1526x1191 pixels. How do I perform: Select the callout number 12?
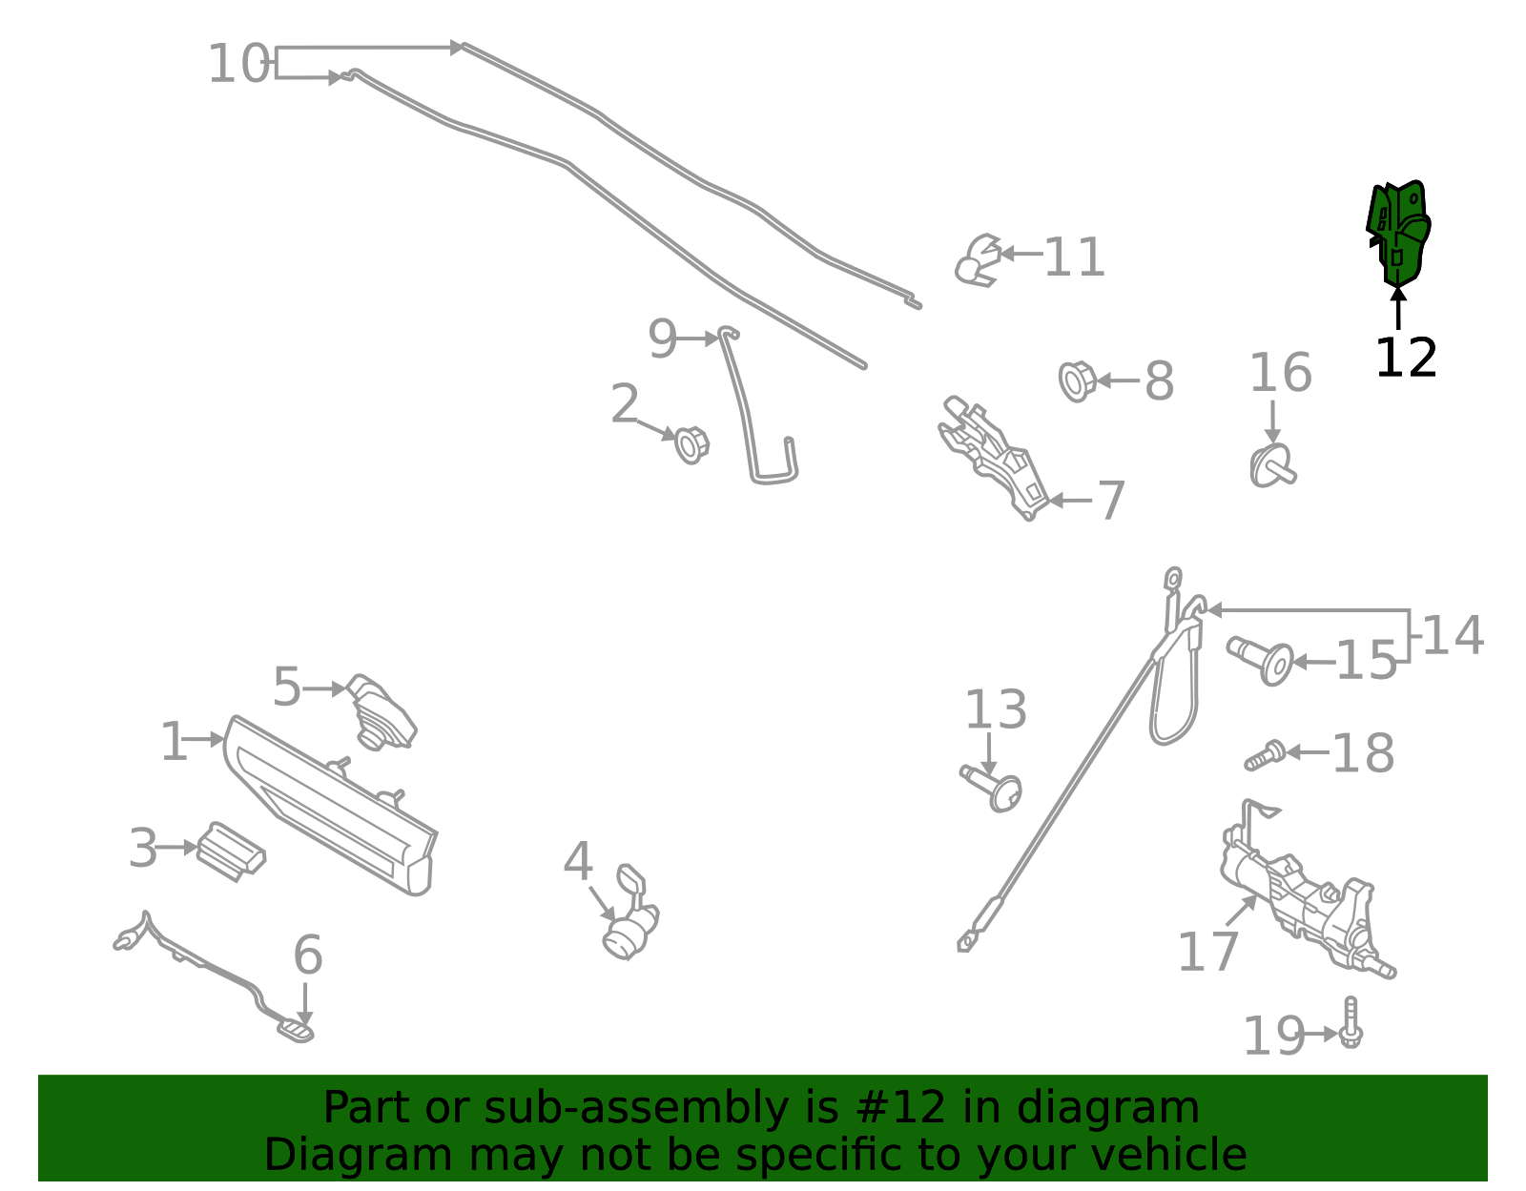(x=1406, y=359)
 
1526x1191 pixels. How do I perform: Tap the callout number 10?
(x=238, y=64)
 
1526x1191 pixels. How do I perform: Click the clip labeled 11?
(x=978, y=260)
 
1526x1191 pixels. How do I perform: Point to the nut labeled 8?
(x=1077, y=381)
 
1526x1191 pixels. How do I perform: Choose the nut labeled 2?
(x=691, y=445)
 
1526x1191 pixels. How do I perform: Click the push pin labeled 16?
(x=1273, y=466)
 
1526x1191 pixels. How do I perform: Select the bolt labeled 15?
(x=1261, y=660)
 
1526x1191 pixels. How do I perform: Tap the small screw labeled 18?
(x=1265, y=755)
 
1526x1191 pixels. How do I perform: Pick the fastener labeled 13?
(x=992, y=789)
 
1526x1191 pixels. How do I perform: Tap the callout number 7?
(x=1110, y=502)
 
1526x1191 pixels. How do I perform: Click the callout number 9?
(x=662, y=339)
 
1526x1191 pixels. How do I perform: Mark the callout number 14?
(x=1453, y=636)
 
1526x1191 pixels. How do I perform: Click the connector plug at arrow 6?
(x=296, y=1031)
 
